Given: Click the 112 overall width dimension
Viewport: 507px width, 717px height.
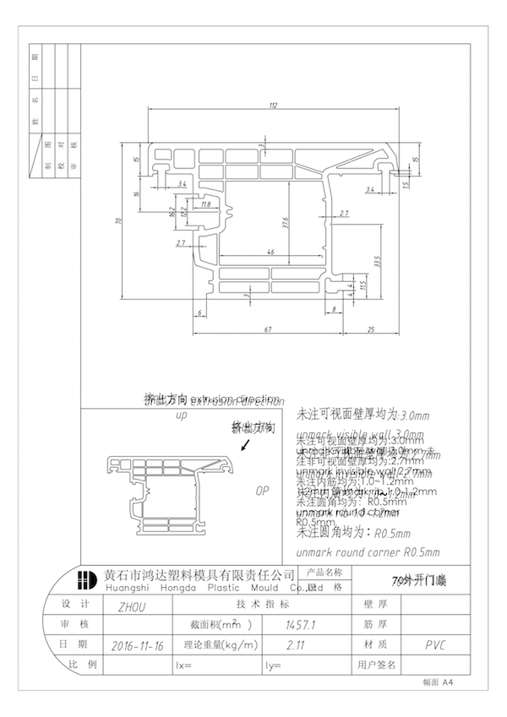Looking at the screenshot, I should click(x=273, y=106).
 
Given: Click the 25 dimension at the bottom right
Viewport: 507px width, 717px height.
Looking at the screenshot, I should click(x=370, y=328).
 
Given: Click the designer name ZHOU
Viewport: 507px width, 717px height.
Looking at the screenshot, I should click(x=122, y=606).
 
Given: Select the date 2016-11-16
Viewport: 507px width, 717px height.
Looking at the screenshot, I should click(x=139, y=644).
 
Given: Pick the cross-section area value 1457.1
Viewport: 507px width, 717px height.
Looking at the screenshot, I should click(x=302, y=625).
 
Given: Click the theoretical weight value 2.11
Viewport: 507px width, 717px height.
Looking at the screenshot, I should click(x=295, y=644).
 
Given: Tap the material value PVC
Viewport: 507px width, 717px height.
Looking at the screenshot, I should click(x=436, y=644).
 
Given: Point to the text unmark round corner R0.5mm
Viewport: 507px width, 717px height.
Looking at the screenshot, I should click(x=368, y=551).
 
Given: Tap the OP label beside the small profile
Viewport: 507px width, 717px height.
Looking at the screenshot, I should click(x=262, y=490).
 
